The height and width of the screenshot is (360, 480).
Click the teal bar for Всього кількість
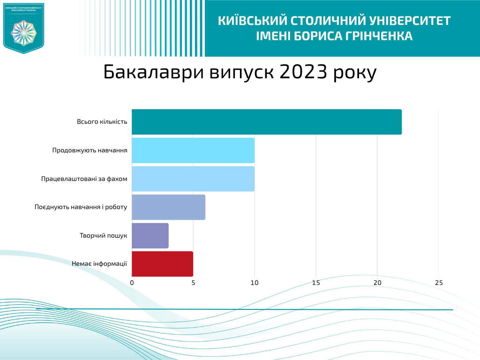266,122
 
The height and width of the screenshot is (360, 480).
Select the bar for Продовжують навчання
193,150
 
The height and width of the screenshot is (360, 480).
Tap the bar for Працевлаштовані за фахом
193,179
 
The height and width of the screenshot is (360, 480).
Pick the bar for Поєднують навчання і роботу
168,207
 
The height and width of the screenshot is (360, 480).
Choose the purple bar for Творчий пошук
150,236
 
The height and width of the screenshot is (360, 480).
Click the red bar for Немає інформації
162,264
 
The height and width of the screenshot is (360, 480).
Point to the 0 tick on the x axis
132,283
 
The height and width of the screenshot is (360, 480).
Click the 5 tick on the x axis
193,283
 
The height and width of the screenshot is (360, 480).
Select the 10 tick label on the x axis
255,283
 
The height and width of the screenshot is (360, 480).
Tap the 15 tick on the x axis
316,283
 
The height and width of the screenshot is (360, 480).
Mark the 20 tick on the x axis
377,283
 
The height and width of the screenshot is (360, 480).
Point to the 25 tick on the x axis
439,283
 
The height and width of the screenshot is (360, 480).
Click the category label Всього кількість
102,122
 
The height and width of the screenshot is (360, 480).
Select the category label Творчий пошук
103,236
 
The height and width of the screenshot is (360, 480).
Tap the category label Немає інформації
99,264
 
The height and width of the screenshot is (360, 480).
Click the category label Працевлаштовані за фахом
84,179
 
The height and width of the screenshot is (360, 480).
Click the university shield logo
23,28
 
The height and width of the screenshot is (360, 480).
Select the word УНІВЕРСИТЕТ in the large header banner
410,21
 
